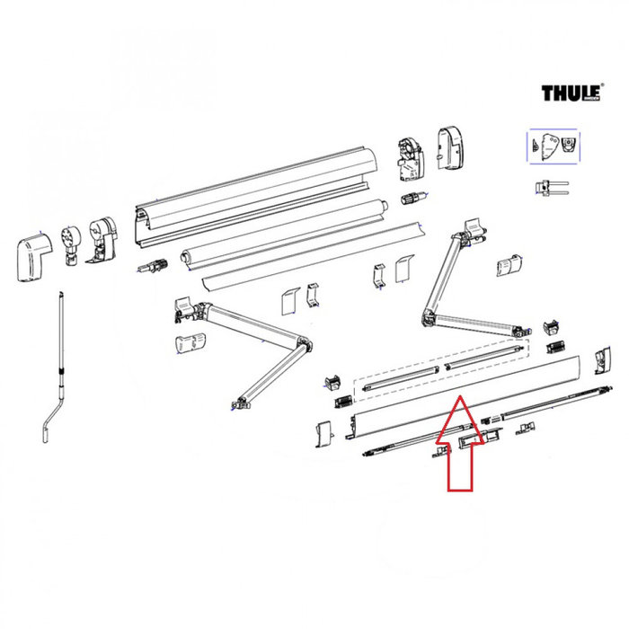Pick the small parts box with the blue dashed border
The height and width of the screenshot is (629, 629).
(553, 146)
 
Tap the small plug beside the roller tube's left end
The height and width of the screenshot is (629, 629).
(154, 267)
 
